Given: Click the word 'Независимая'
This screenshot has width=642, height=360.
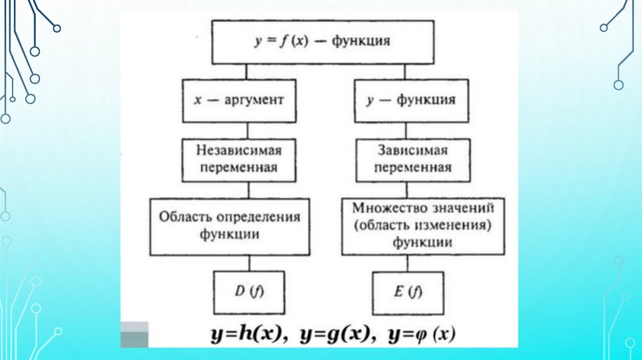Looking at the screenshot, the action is [239, 151].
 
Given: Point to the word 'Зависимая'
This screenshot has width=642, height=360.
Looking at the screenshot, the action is [413, 151].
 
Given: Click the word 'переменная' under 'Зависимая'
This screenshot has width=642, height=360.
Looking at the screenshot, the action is [413, 167].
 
